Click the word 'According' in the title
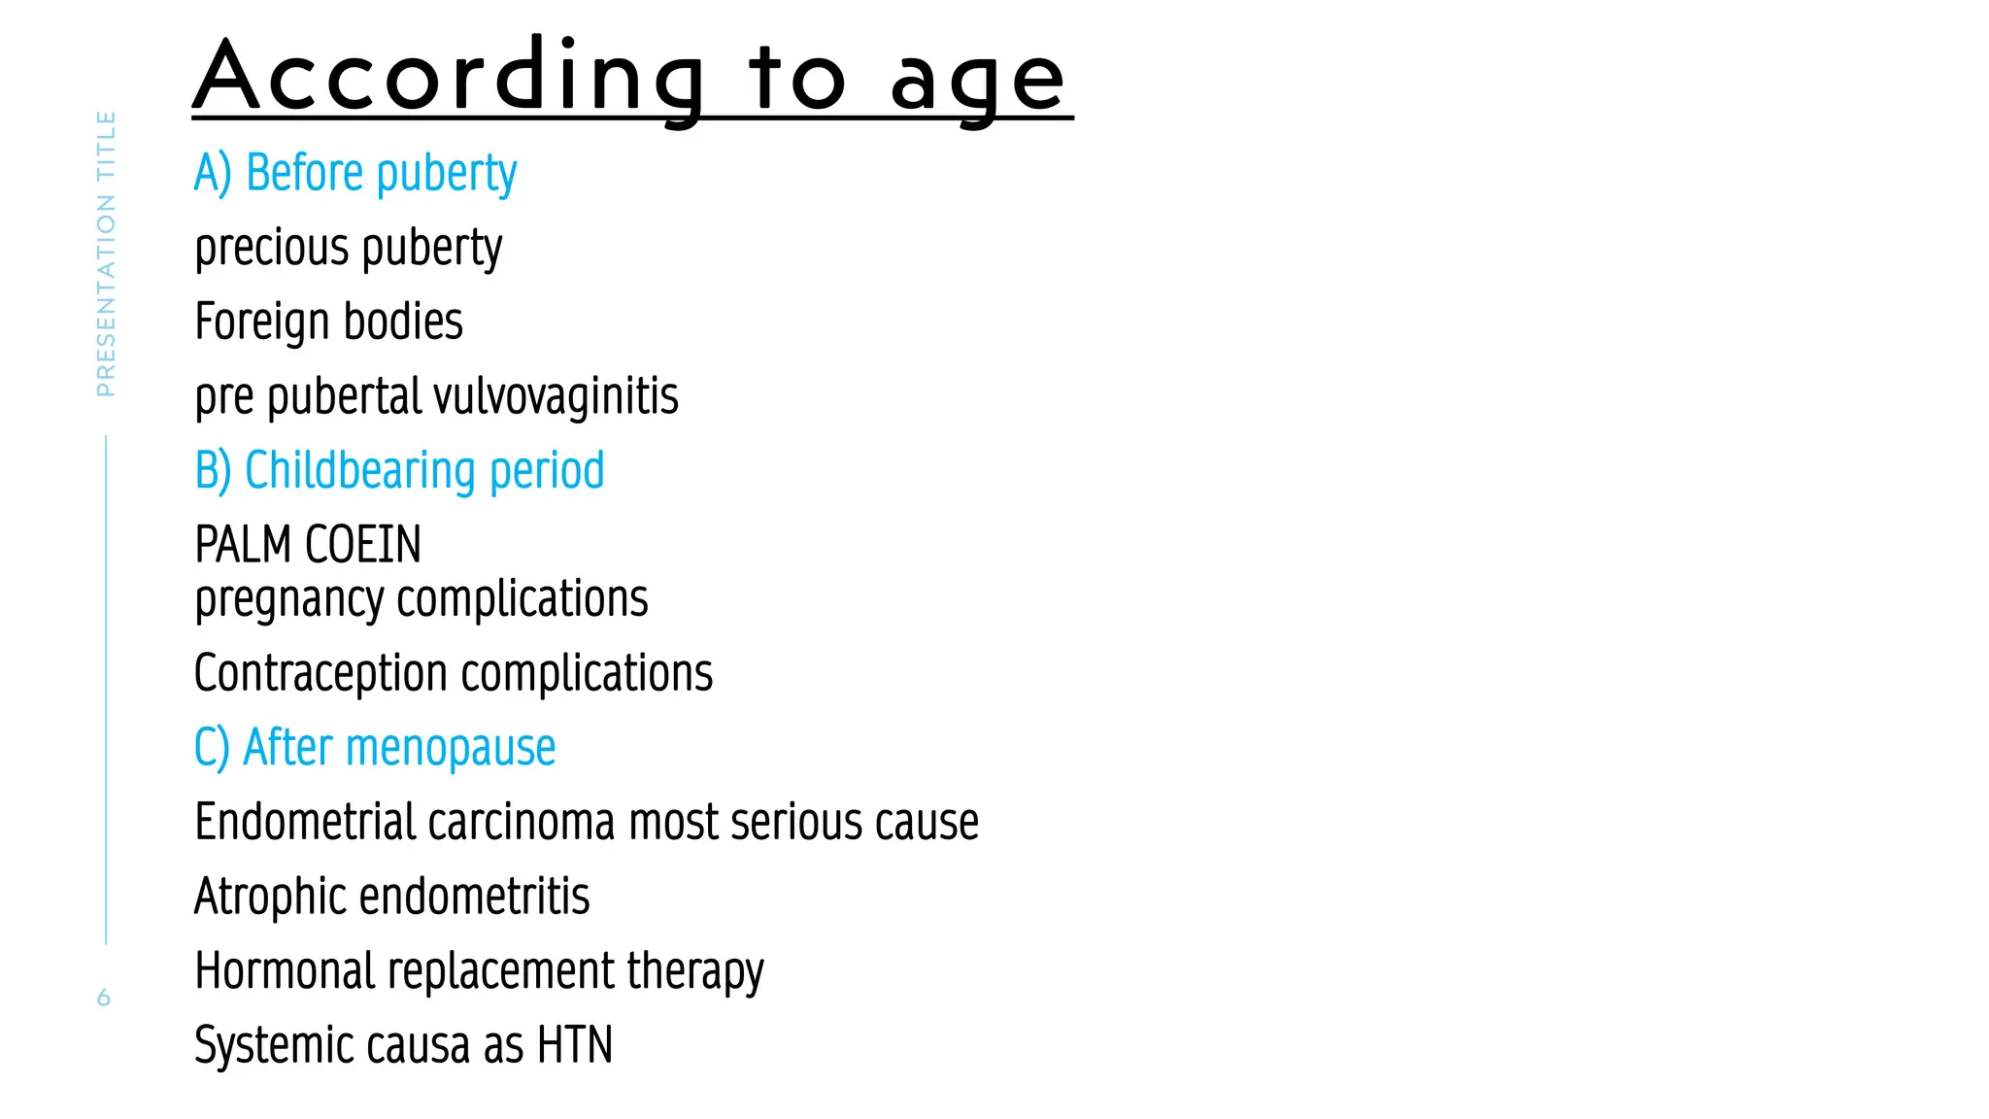tap(447, 78)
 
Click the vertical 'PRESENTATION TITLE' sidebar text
tap(106, 253)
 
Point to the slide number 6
tap(104, 998)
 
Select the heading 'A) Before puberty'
tap(355, 174)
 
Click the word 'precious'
tap(271, 249)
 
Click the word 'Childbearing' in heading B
tap(360, 471)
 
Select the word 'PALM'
tap(243, 545)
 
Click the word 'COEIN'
tap(363, 545)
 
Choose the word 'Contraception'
tap(319, 674)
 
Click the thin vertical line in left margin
tap(106, 690)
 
